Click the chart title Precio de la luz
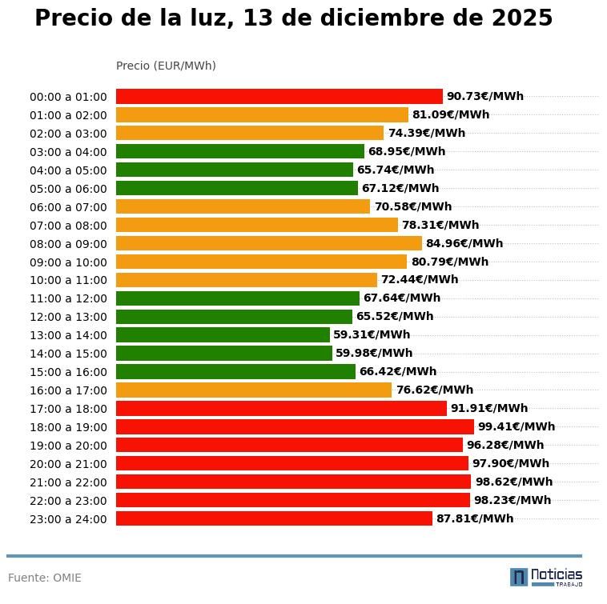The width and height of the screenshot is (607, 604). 293,19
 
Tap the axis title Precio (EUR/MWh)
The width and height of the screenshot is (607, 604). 166,66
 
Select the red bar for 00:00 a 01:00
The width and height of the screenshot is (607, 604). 279,96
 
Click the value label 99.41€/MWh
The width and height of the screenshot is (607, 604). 516,426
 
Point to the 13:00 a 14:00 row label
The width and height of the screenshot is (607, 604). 68,335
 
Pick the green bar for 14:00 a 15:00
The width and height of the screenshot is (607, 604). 223,353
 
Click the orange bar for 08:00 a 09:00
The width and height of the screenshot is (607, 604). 268,243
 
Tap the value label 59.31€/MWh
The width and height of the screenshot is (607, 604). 372,334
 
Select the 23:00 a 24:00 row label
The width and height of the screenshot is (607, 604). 68,519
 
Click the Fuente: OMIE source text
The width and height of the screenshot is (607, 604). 45,578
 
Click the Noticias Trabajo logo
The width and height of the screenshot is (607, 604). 546,577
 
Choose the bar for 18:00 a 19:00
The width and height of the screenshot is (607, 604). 295,426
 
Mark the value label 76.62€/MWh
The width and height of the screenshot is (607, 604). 434,390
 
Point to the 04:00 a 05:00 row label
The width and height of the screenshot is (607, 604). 68,170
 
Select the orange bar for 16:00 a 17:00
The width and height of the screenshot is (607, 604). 254,390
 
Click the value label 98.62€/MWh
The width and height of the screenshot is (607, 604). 513,482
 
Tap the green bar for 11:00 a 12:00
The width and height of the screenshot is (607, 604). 238,298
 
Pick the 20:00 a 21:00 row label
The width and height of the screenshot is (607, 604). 68,464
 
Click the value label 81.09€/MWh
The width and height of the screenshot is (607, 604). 450,114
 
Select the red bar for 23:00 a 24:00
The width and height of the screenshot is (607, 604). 274,518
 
